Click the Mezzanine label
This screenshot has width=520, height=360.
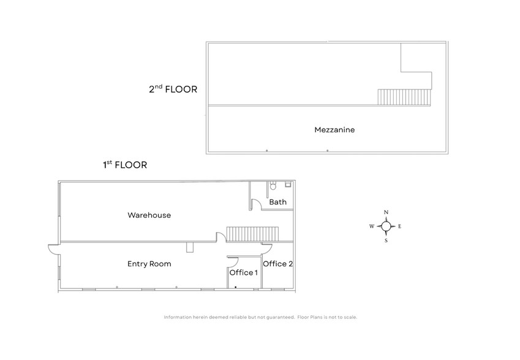(334, 130)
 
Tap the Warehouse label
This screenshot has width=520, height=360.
(149, 215)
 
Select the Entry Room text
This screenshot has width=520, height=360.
(149, 264)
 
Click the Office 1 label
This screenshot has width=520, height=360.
(243, 272)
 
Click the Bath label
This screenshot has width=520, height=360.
(277, 203)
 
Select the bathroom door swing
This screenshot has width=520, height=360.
(257, 204)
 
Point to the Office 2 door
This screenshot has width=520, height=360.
(267, 249)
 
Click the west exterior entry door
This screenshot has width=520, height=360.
(53, 249)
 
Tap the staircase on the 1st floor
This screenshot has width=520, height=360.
(252, 233)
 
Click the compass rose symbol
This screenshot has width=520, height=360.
(386, 227)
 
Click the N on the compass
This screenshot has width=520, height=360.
(386, 212)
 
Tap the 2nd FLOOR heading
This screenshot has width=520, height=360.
(173, 89)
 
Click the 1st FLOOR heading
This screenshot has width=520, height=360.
(124, 165)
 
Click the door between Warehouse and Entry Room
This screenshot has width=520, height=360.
(219, 238)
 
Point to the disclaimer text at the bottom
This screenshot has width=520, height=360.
(260, 317)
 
